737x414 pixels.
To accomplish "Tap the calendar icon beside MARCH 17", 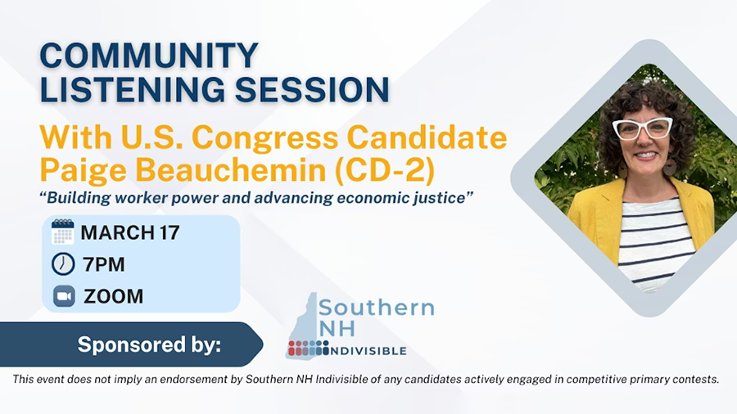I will pos(63,232).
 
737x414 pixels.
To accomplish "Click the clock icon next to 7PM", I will pos(63,264).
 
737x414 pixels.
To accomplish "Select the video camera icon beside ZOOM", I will pos(64,295).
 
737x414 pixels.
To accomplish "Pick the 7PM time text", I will pos(104,264).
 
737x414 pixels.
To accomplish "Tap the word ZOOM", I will pos(113,296).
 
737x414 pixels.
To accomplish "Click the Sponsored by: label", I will pos(149,344).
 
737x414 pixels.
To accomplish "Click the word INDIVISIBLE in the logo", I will pos(368,351).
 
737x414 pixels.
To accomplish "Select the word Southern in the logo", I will pos(376,308).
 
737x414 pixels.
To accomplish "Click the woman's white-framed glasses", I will pos(642,128).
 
